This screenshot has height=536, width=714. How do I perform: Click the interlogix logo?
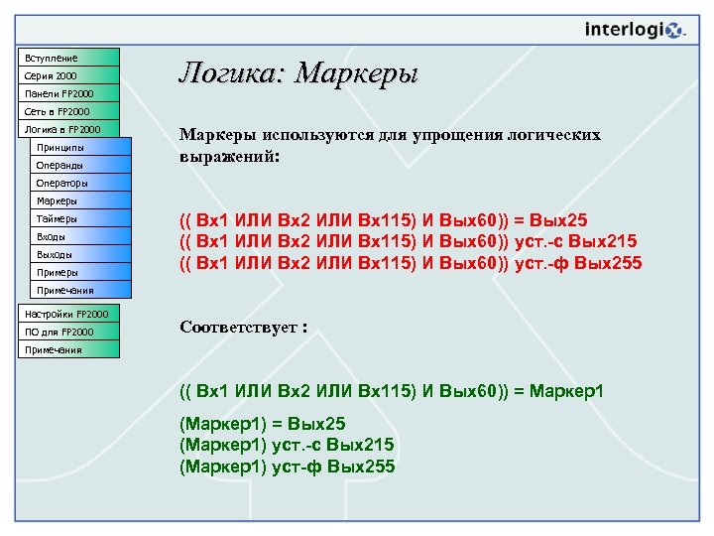[635, 30]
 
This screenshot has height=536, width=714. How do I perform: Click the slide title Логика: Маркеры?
[297, 72]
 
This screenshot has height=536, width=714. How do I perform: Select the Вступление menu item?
[66, 58]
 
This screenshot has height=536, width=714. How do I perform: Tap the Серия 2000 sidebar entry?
[66, 75]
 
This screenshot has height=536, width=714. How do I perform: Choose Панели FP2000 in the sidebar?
[66, 93]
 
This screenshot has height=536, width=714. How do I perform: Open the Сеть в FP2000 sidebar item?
[66, 111]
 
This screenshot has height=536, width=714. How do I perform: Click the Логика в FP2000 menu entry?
[66, 129]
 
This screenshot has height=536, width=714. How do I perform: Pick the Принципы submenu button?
[81, 147]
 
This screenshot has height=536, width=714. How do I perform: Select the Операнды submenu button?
[81, 165]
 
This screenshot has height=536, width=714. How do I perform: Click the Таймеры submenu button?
[81, 218]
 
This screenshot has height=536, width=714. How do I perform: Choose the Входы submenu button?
[81, 236]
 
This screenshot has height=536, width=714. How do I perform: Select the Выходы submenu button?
[81, 254]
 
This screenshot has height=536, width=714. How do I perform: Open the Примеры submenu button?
[81, 272]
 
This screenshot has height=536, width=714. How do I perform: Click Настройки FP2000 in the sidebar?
[66, 314]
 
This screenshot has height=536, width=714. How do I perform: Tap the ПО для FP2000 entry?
[66, 332]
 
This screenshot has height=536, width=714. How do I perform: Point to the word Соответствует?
[238, 328]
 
